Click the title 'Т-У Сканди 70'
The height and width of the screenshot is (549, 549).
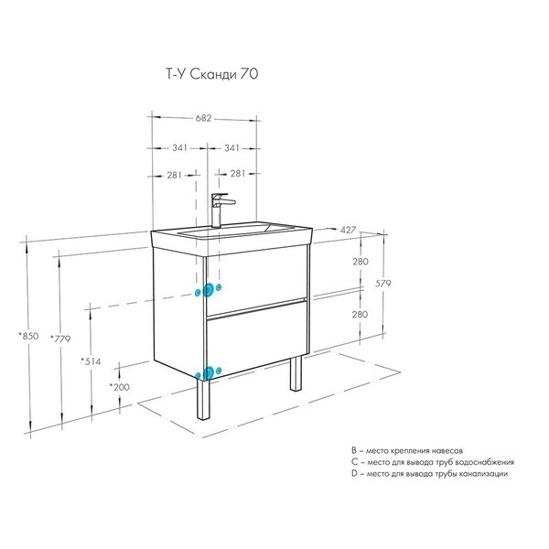(x=212, y=74)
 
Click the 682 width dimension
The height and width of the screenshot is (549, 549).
(x=203, y=118)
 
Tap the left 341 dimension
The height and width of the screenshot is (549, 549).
(x=179, y=148)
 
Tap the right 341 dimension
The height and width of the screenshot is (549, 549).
(x=231, y=148)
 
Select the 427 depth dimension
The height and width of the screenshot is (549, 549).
(x=348, y=230)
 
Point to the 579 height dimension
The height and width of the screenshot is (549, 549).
(x=383, y=283)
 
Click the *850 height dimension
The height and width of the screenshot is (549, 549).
(x=28, y=336)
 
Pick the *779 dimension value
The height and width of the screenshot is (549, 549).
(x=60, y=339)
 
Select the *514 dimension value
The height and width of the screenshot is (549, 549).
(x=91, y=361)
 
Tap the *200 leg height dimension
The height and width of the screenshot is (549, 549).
(x=119, y=387)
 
